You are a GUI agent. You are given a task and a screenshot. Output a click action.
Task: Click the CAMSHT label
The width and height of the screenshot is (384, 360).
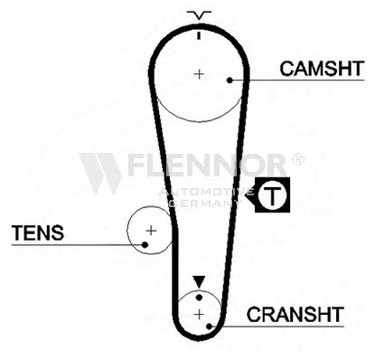pyautogui.click(x=322, y=69)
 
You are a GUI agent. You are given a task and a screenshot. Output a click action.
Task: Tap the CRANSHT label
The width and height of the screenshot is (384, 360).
pyautogui.click(x=295, y=315)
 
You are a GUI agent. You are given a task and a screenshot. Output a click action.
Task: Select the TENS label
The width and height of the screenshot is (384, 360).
pyautogui.click(x=38, y=232)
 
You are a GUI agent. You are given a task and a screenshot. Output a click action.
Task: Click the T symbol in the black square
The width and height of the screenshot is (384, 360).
pyautogui.click(x=272, y=194)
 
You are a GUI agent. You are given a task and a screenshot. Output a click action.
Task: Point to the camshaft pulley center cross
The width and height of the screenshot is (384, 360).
pyautogui.click(x=199, y=74)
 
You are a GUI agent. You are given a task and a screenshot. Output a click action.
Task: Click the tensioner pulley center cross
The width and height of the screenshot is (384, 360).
pyautogui.click(x=151, y=231)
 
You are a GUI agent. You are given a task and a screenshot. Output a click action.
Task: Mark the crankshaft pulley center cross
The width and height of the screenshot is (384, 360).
pyautogui.click(x=199, y=315)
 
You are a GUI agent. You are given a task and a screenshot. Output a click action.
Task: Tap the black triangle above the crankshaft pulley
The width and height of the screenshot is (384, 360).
pyautogui.click(x=199, y=282)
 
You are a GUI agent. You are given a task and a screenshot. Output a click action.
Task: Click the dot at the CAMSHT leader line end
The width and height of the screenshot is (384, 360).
pyautogui.click(x=229, y=81)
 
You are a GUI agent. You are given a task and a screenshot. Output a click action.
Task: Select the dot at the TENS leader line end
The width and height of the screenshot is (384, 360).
pyautogui.click(x=145, y=244)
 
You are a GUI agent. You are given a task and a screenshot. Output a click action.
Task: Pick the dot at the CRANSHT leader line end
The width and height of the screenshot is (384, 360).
pyautogui.click(x=209, y=327)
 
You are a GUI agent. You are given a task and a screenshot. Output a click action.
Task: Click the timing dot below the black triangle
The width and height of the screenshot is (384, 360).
pyautogui.click(x=199, y=298)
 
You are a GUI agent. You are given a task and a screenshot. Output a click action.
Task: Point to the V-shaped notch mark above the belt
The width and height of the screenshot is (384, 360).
pyautogui.click(x=199, y=15)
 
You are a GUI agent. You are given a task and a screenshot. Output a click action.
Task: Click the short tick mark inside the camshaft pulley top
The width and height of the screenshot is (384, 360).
pyautogui.click(x=199, y=35)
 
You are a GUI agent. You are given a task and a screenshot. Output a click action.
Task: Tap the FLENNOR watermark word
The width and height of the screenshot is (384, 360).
pyautogui.click(x=207, y=165)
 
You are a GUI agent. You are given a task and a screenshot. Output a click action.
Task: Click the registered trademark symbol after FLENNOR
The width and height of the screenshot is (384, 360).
pyautogui.click(x=298, y=159)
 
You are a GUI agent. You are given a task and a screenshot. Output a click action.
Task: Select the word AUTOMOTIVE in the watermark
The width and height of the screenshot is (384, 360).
pyautogui.click(x=206, y=192)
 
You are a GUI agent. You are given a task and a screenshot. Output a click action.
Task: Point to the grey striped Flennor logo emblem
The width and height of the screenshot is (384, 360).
pyautogui.click(x=100, y=174)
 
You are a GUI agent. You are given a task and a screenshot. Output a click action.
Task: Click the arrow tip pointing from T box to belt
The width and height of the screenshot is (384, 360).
pyautogui.click(x=245, y=194)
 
